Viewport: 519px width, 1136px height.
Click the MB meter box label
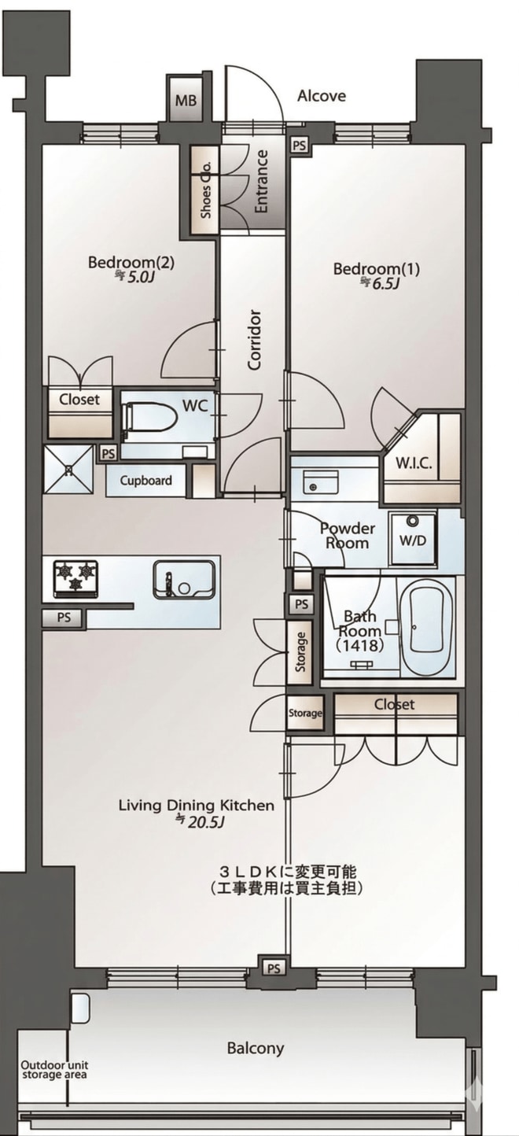pyautogui.click(x=186, y=101)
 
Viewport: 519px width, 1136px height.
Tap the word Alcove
pyautogui.click(x=322, y=96)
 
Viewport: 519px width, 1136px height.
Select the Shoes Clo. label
pyautogui.click(x=206, y=190)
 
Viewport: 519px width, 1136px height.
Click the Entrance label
pyautogui.click(x=261, y=182)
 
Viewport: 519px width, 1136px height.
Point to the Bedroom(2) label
pyautogui.click(x=131, y=263)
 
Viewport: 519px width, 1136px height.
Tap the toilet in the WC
pyautogui.click(x=150, y=419)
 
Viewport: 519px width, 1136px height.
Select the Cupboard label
pyautogui.click(x=146, y=480)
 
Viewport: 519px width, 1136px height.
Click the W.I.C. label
pyautogui.click(x=414, y=463)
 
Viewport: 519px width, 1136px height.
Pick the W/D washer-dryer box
pyautogui.click(x=413, y=539)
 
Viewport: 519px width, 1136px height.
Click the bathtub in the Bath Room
pyautogui.click(x=431, y=627)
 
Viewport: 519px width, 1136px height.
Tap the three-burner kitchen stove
pyautogui.click(x=75, y=578)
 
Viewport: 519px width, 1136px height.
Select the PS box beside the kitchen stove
pyautogui.click(x=64, y=618)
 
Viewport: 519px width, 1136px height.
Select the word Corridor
pyautogui.click(x=254, y=340)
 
